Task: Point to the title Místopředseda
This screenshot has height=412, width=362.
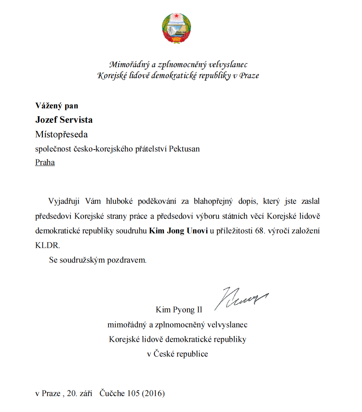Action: (x=61, y=135)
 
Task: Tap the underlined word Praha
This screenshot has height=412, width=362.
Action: (x=45, y=163)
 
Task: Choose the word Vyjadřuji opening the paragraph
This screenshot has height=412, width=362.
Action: (x=65, y=201)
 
